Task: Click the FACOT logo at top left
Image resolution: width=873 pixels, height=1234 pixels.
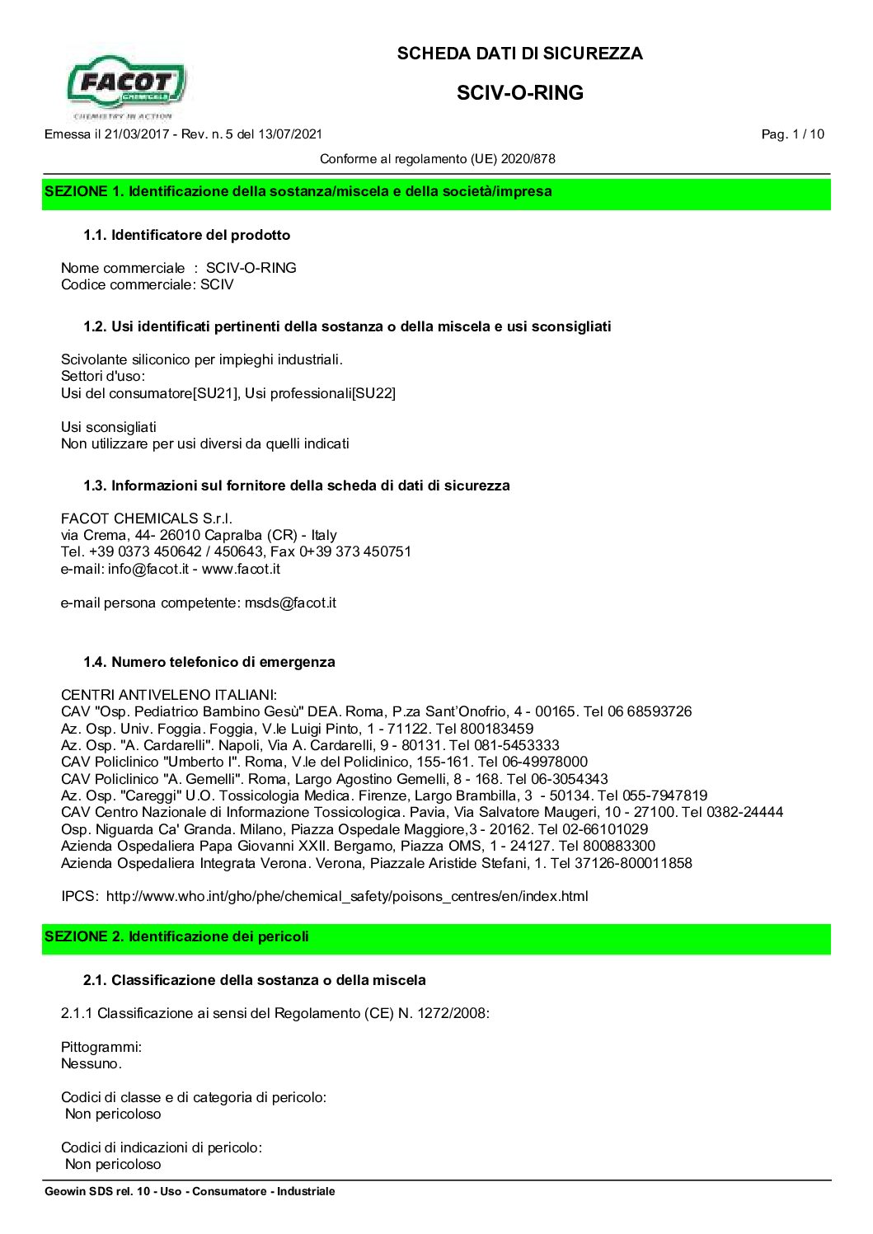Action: (x=126, y=85)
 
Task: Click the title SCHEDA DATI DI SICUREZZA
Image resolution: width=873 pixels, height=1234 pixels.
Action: (x=519, y=54)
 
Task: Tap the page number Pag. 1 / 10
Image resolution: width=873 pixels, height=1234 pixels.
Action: (x=792, y=134)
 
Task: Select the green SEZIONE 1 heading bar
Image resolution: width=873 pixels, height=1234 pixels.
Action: (x=436, y=192)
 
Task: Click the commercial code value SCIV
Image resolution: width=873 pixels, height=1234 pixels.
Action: (x=217, y=285)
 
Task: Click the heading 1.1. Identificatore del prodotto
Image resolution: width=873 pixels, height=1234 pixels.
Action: (x=186, y=236)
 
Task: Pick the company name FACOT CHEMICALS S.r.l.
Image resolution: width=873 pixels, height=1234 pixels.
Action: (x=147, y=518)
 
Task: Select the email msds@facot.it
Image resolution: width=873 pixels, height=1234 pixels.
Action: (x=290, y=603)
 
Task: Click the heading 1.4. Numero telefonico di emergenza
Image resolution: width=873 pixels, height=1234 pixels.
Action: (x=209, y=662)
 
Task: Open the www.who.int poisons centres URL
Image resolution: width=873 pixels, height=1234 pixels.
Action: (x=346, y=897)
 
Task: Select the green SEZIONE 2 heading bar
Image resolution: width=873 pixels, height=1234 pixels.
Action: (x=436, y=937)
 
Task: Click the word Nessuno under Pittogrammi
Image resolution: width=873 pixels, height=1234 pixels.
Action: (x=91, y=1064)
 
